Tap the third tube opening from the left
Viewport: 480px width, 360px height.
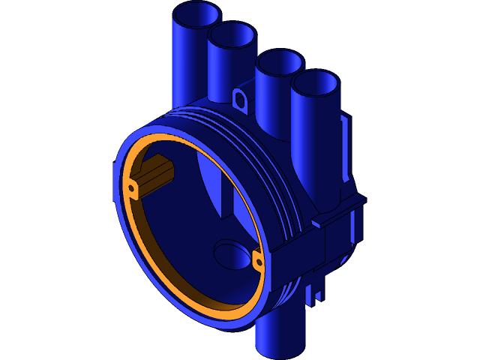pyautogui.click(x=279, y=61)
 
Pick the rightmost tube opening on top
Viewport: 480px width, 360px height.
pyautogui.click(x=316, y=83)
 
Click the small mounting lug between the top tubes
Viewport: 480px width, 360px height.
pyautogui.click(x=241, y=98)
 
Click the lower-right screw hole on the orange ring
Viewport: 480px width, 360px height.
pyautogui.click(x=257, y=260)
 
